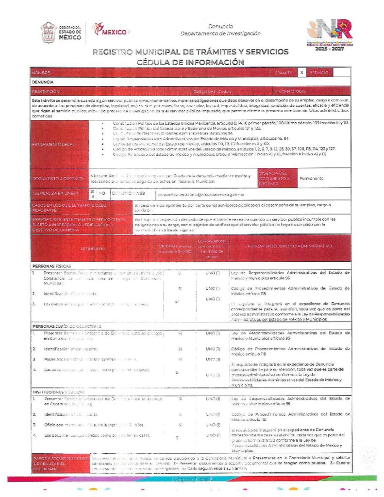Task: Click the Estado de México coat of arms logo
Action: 50,32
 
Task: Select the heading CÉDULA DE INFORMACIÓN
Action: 190,62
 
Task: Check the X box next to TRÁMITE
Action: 301,72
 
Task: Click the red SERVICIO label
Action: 319,72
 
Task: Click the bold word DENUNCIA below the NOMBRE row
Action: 43,82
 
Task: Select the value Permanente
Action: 311,178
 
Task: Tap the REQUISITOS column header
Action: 93,248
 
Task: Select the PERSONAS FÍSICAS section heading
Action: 51,266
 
